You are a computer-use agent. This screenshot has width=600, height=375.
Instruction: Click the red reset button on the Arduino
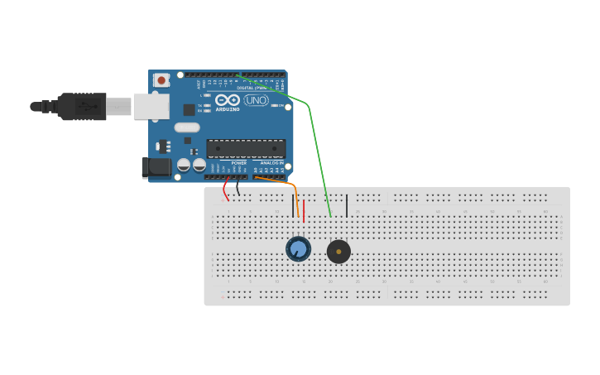pyautogui.click(x=161, y=80)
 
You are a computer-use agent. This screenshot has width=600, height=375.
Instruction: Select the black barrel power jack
pyautogui.click(x=156, y=168)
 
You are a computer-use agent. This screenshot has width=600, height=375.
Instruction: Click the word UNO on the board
pyautogui.click(x=256, y=100)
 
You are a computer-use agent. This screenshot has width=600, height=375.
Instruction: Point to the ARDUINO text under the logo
pyautogui.click(x=228, y=109)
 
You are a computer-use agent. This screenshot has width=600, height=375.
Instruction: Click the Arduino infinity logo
pyautogui.click(x=228, y=100)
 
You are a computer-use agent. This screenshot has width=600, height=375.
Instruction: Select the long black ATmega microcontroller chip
pyautogui.click(x=246, y=149)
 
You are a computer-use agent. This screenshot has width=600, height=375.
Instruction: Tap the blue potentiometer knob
pyautogui.click(x=298, y=248)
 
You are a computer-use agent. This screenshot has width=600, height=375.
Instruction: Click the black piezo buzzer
pyautogui.click(x=338, y=252)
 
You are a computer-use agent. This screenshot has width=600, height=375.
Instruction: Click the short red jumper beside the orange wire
pyautogui.click(x=304, y=210)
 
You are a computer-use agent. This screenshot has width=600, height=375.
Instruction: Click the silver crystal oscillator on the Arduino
pyautogui.click(x=187, y=127)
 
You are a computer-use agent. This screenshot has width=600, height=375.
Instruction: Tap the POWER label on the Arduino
pyautogui.click(x=238, y=163)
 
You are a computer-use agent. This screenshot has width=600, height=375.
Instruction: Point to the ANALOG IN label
pyautogui.click(x=270, y=163)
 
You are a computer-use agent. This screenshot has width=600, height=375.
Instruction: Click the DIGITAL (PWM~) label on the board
pyautogui.click(x=252, y=88)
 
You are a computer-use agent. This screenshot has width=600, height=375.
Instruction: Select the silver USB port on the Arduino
pyautogui.click(x=151, y=106)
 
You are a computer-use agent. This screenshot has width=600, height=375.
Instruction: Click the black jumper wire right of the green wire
pyautogui.click(x=347, y=204)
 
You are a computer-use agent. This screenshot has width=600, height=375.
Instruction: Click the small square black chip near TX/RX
pyautogui.click(x=189, y=109)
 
